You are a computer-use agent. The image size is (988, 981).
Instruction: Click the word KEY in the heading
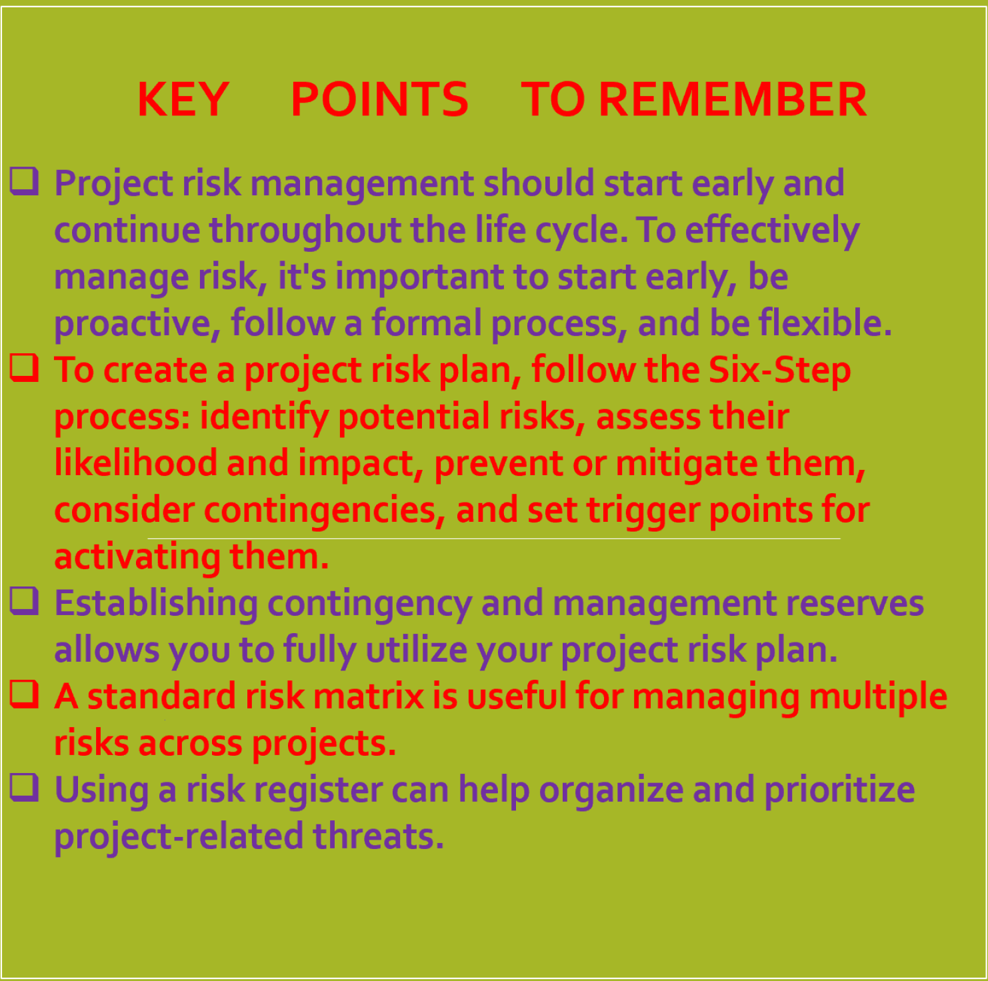[x=183, y=99]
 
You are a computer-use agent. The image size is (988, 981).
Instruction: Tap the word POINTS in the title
[x=379, y=99]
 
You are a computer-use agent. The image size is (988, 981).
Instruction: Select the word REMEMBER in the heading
[x=733, y=99]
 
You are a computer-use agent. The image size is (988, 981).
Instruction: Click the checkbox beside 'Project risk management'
[x=25, y=180]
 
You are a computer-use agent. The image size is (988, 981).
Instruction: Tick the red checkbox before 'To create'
[x=25, y=367]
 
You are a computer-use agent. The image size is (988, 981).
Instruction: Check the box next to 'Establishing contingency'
[x=25, y=600]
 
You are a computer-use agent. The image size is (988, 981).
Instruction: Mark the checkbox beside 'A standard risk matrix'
[x=25, y=693]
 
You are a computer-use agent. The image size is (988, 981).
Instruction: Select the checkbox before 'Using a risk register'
[x=25, y=786]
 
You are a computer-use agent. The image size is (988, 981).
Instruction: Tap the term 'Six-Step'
[x=779, y=370]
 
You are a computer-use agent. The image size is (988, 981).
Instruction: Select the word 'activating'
[x=137, y=558]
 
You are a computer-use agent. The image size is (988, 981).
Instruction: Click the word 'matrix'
[x=369, y=696]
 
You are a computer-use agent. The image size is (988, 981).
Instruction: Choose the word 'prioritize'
[x=839, y=791]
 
